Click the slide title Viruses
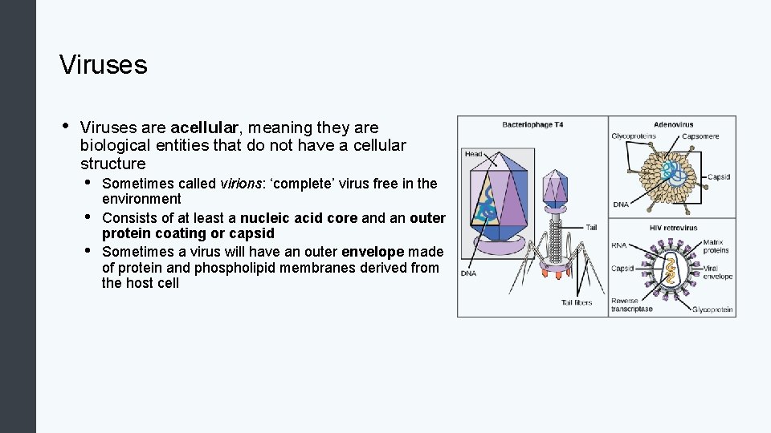pos(103,65)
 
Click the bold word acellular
pos(205,127)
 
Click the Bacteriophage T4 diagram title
pos(532,124)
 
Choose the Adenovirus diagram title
pos(673,124)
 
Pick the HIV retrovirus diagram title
pos(673,228)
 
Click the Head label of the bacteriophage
pos(474,154)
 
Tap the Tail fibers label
pos(577,302)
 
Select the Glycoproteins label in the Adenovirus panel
pos(634,136)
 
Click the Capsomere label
pos(700,136)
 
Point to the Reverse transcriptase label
pos(632,305)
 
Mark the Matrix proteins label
pos(716,246)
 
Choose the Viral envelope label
pos(717,273)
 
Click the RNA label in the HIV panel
pos(619,246)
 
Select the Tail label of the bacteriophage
pos(591,228)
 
